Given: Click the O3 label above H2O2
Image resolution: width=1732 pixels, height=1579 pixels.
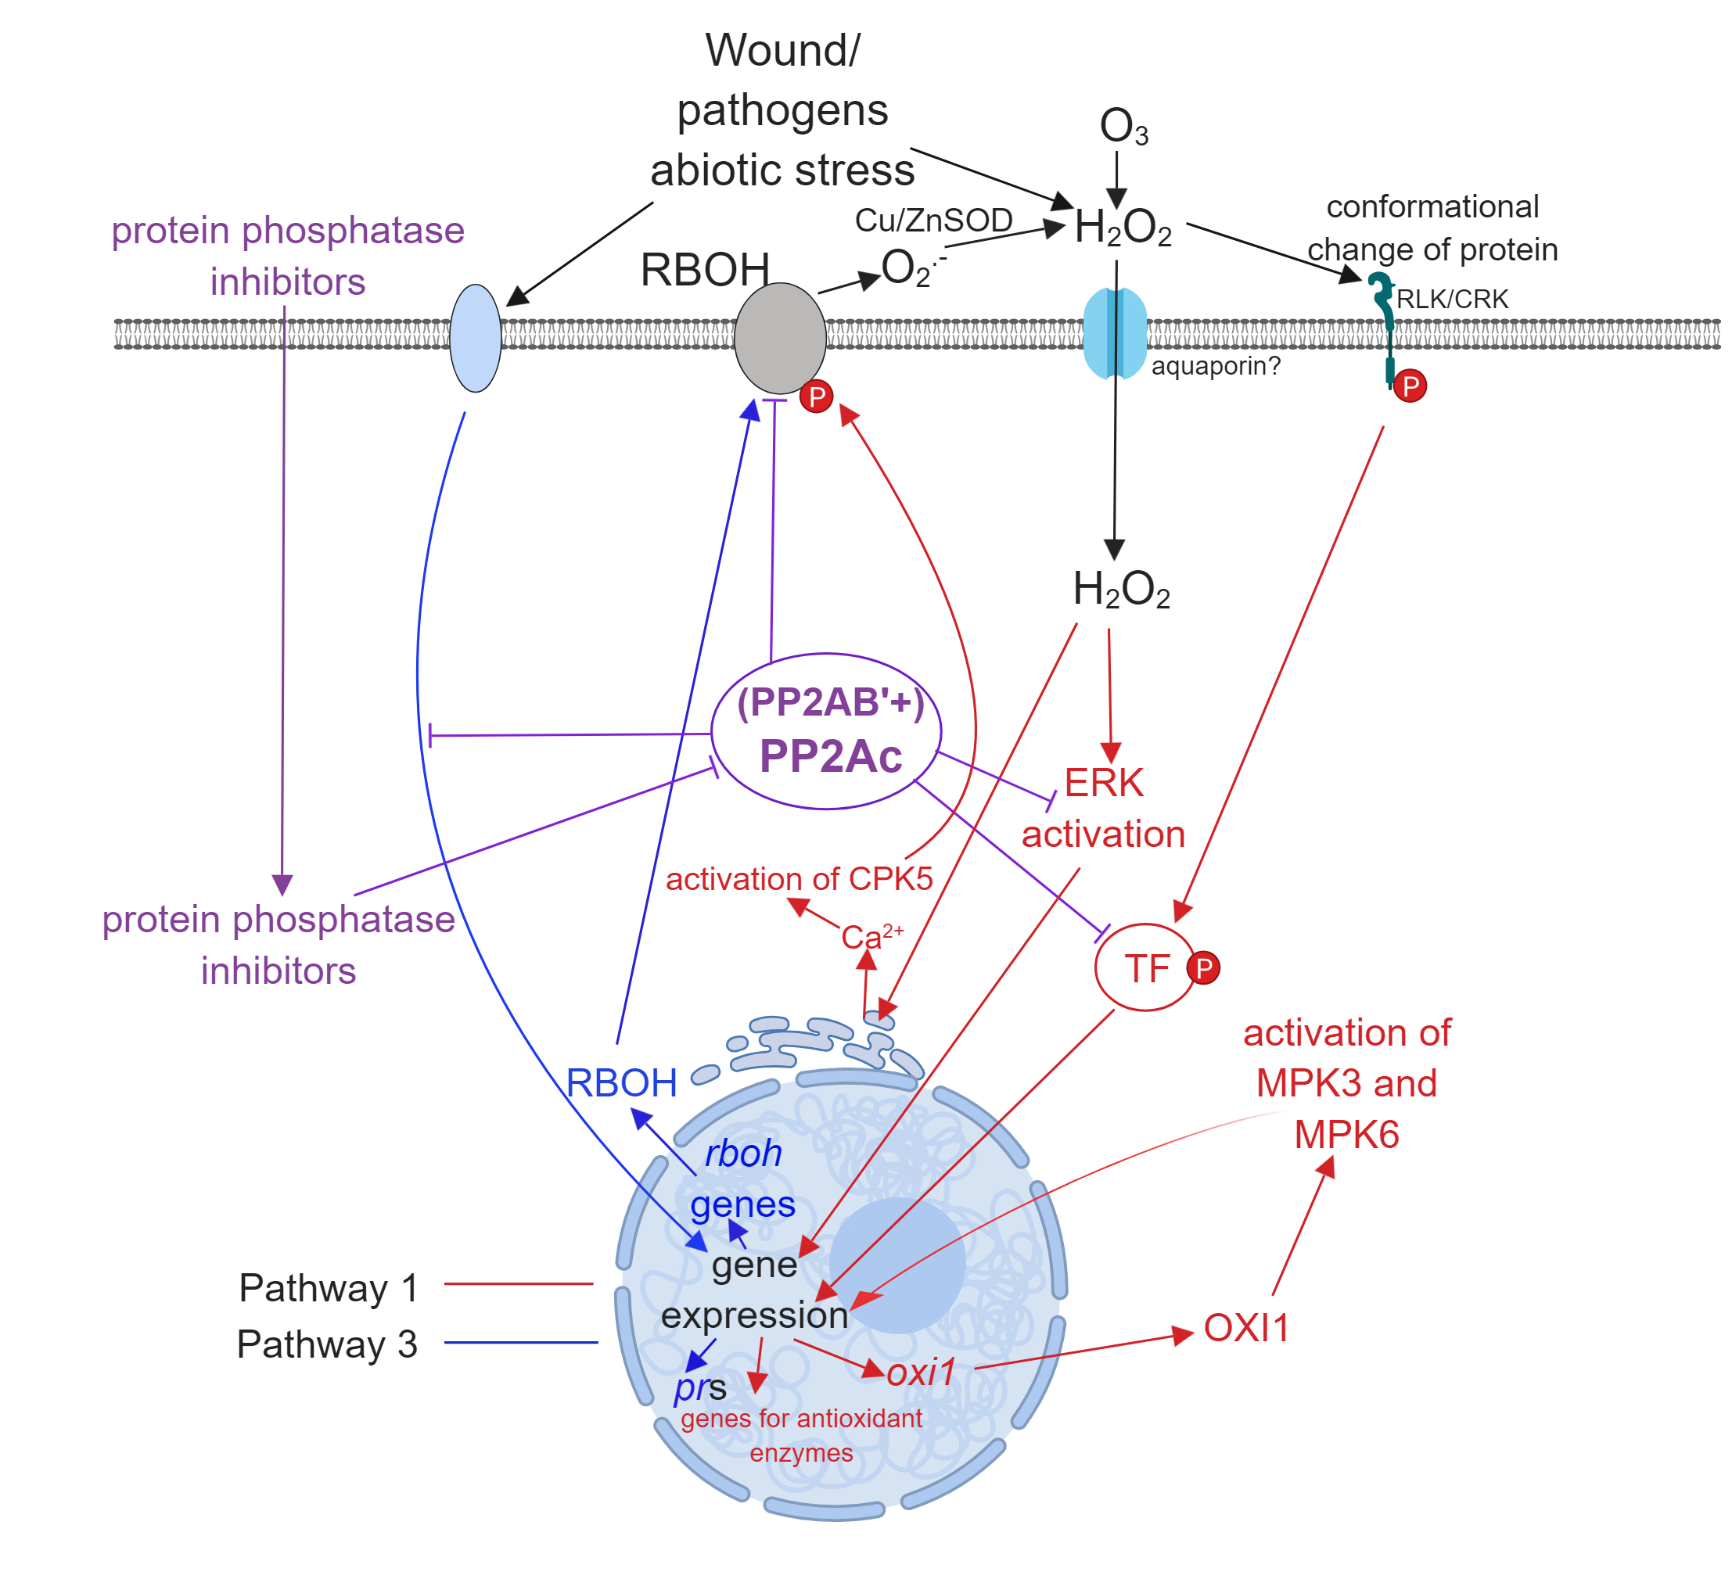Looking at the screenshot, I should click(1122, 127).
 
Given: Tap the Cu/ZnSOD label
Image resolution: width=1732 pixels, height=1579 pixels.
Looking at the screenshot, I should click(933, 221).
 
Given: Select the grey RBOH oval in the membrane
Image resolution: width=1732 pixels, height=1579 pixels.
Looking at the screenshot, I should click(779, 339).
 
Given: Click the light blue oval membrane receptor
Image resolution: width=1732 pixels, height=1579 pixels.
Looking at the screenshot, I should click(475, 339).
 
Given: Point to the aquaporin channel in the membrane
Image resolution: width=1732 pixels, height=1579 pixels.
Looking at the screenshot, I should click(1114, 333).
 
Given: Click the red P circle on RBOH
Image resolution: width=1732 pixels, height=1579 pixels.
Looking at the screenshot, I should click(816, 397).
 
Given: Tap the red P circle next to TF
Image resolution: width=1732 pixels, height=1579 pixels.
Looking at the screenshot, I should click(1203, 968).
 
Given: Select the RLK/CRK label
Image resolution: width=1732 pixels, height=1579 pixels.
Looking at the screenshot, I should click(1452, 299).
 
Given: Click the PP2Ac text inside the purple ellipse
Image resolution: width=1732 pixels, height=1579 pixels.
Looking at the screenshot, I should click(830, 757).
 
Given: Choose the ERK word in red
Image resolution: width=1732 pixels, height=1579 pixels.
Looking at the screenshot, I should click(1103, 784).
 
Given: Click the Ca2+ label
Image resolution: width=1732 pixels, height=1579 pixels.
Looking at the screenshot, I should click(869, 936).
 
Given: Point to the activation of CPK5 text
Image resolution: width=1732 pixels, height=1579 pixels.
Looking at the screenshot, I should click(799, 879).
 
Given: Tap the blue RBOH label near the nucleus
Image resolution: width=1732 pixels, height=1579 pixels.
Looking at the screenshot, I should click(621, 1083).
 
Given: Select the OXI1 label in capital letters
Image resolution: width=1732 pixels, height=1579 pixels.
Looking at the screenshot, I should click(1245, 1328).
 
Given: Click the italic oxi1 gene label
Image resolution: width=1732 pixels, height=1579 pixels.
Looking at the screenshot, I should click(921, 1372).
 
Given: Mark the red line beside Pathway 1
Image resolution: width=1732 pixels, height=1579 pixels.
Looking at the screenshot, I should click(518, 1283).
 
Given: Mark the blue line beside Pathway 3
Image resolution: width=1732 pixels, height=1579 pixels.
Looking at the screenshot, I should click(521, 1342).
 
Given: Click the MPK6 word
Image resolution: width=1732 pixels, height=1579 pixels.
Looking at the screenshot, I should click(1346, 1135).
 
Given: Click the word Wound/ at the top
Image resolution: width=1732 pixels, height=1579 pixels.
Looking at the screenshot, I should click(782, 50).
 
